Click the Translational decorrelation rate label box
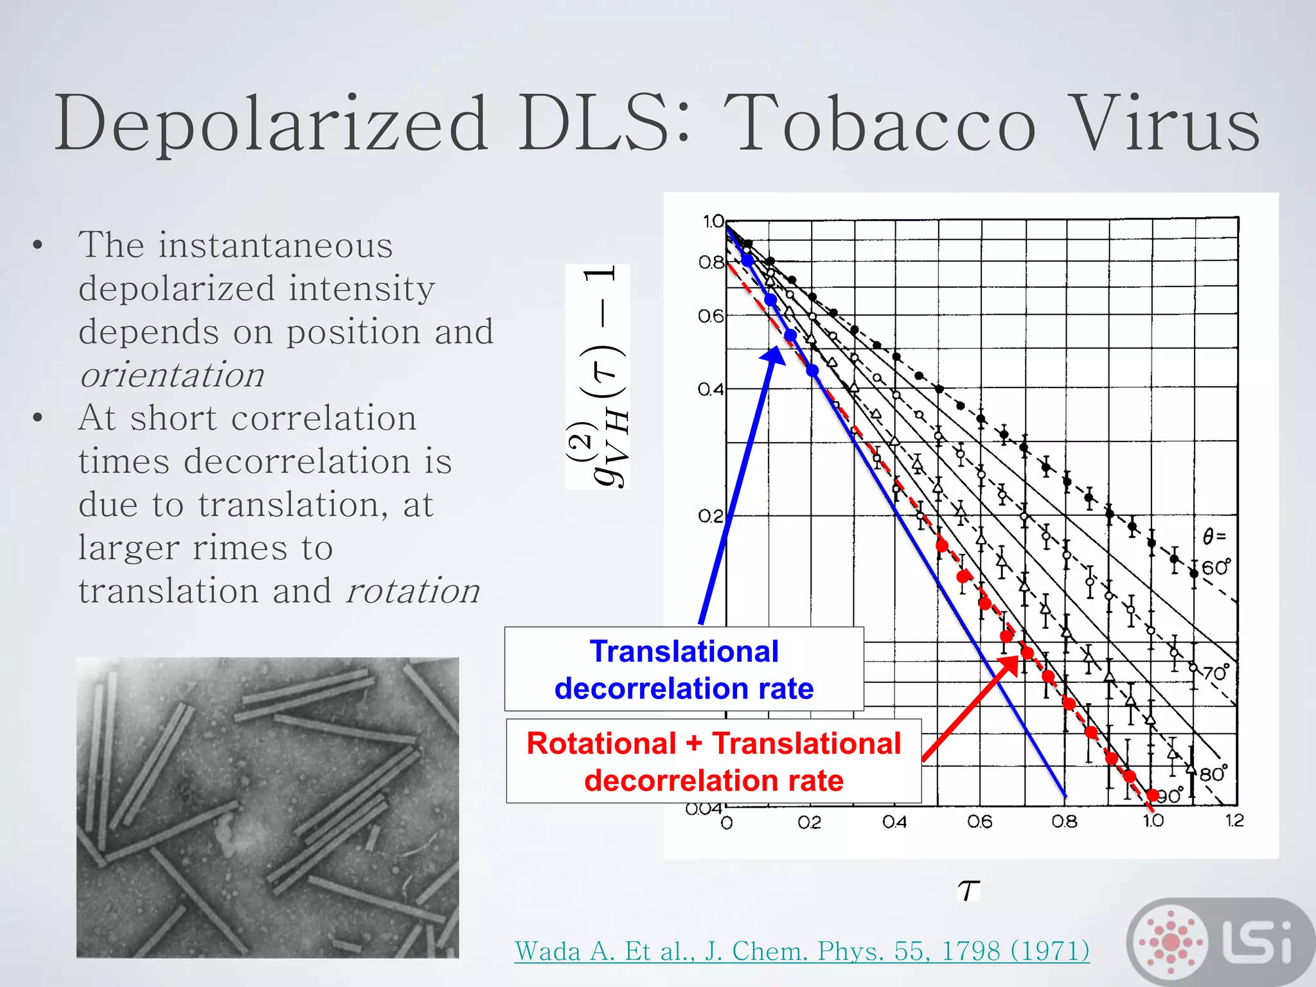coord(684,670)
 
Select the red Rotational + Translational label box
coord(713,761)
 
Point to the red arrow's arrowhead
coord(1011,664)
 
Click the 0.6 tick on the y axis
coord(711,316)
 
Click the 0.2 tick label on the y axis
coord(711,516)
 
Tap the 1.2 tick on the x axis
coord(1234,821)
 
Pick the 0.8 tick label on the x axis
coord(1064,822)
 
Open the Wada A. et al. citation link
coord(801,951)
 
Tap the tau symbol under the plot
coord(968,891)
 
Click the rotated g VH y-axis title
coord(598,377)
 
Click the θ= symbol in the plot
coord(1214,536)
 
